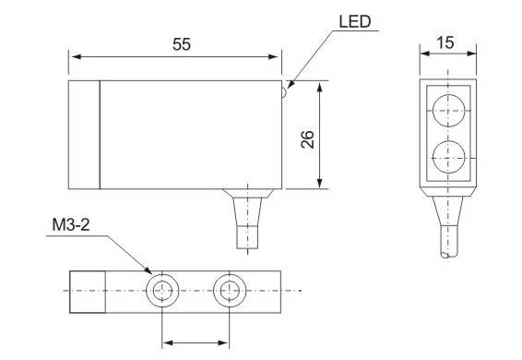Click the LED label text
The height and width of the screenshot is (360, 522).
[x=354, y=21]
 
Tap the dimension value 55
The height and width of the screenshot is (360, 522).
[x=182, y=44]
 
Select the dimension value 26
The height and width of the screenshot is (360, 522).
[x=307, y=139]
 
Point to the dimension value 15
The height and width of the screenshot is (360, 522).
[x=445, y=42]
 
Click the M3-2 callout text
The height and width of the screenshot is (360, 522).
[x=71, y=225]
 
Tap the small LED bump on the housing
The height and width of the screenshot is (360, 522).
[x=284, y=92]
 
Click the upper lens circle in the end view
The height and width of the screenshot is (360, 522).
[x=448, y=111]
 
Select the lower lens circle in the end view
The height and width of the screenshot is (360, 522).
[x=448, y=157]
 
